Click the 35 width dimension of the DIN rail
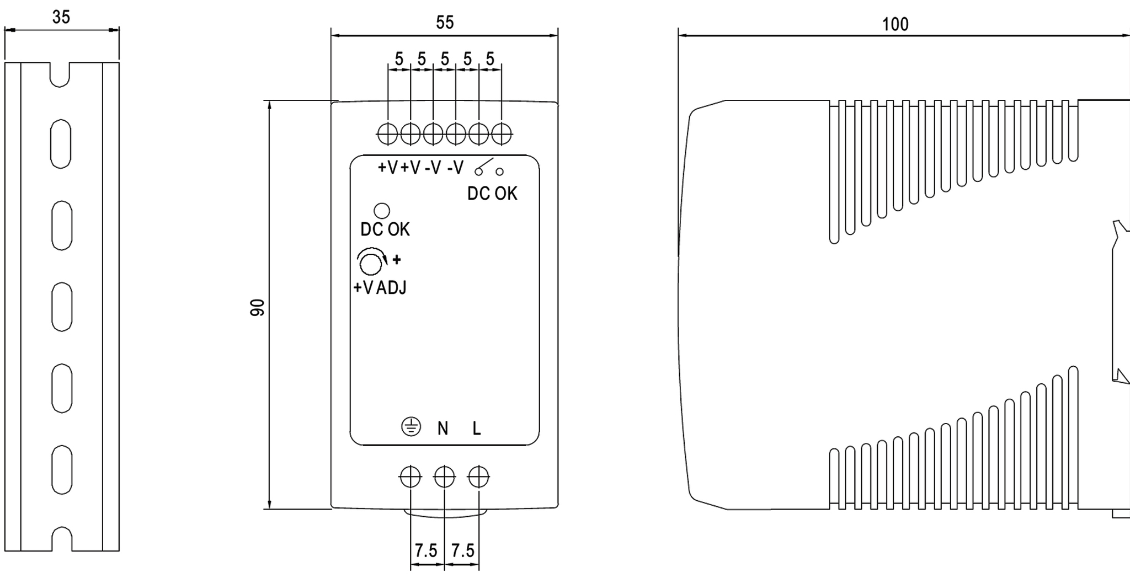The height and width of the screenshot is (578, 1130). (61, 18)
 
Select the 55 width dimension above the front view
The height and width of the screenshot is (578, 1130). (445, 23)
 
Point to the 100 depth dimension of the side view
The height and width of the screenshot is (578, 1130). (895, 24)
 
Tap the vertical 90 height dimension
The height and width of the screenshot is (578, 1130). (257, 308)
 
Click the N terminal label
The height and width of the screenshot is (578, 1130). (443, 429)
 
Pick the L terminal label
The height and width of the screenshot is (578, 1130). (477, 429)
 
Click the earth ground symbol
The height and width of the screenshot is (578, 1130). (411, 426)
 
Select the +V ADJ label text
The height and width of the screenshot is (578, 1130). (380, 287)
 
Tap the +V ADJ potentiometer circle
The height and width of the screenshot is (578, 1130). (370, 264)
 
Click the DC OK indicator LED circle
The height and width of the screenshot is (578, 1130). (382, 211)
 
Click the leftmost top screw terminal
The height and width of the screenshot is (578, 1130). (388, 133)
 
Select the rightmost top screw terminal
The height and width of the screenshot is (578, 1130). (502, 133)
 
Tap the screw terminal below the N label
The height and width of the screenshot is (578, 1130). (445, 477)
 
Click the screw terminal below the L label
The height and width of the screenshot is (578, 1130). (478, 477)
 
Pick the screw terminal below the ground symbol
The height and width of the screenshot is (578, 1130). (411, 477)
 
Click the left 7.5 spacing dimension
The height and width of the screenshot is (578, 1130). (426, 550)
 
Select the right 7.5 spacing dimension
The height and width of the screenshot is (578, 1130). (462, 550)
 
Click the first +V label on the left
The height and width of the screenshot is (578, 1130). (387, 167)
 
